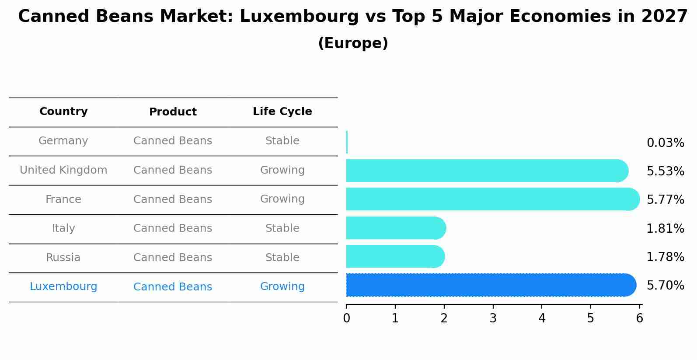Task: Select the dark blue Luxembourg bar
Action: [490, 285]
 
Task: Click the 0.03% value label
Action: [665, 143]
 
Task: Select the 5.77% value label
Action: [665, 200]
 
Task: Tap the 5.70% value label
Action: [665, 286]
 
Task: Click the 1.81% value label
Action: [665, 228]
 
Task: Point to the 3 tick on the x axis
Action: [493, 318]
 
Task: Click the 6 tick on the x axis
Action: [639, 318]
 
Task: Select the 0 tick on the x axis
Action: [346, 318]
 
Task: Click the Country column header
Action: [63, 112]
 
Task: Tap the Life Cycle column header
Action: [282, 112]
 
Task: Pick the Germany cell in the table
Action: [63, 141]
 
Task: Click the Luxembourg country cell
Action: [63, 287]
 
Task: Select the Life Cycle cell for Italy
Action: [282, 228]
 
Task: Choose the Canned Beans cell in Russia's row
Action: [173, 258]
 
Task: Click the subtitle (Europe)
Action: [353, 43]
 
